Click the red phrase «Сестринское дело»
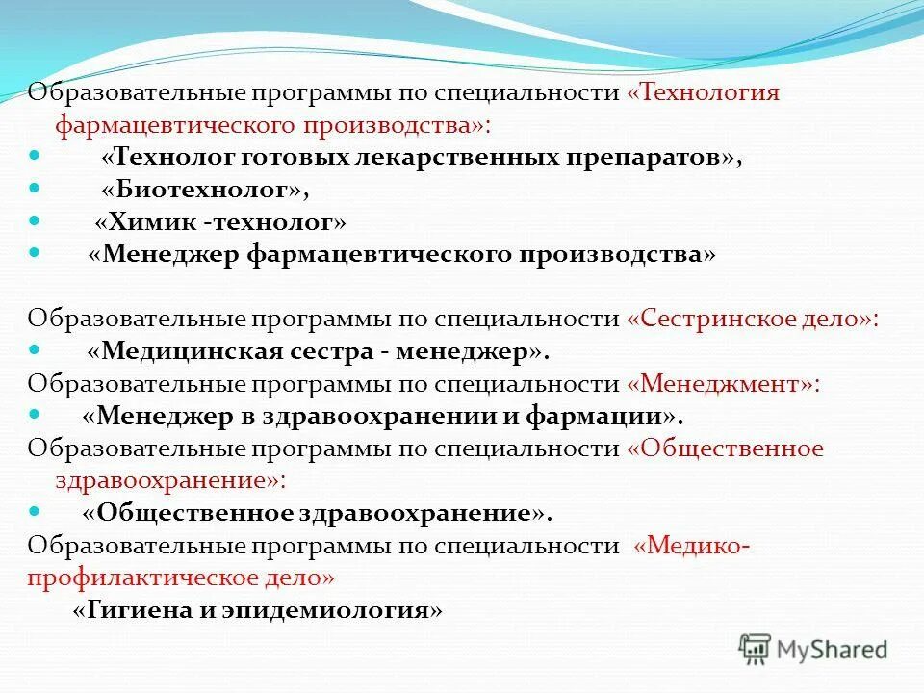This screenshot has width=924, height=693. click(x=751, y=319)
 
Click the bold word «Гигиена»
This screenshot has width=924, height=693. click(x=131, y=610)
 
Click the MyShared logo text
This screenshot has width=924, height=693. click(x=834, y=650)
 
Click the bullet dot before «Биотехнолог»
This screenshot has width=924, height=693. click(x=35, y=188)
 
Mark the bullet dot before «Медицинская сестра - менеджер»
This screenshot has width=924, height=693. click(x=35, y=349)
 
